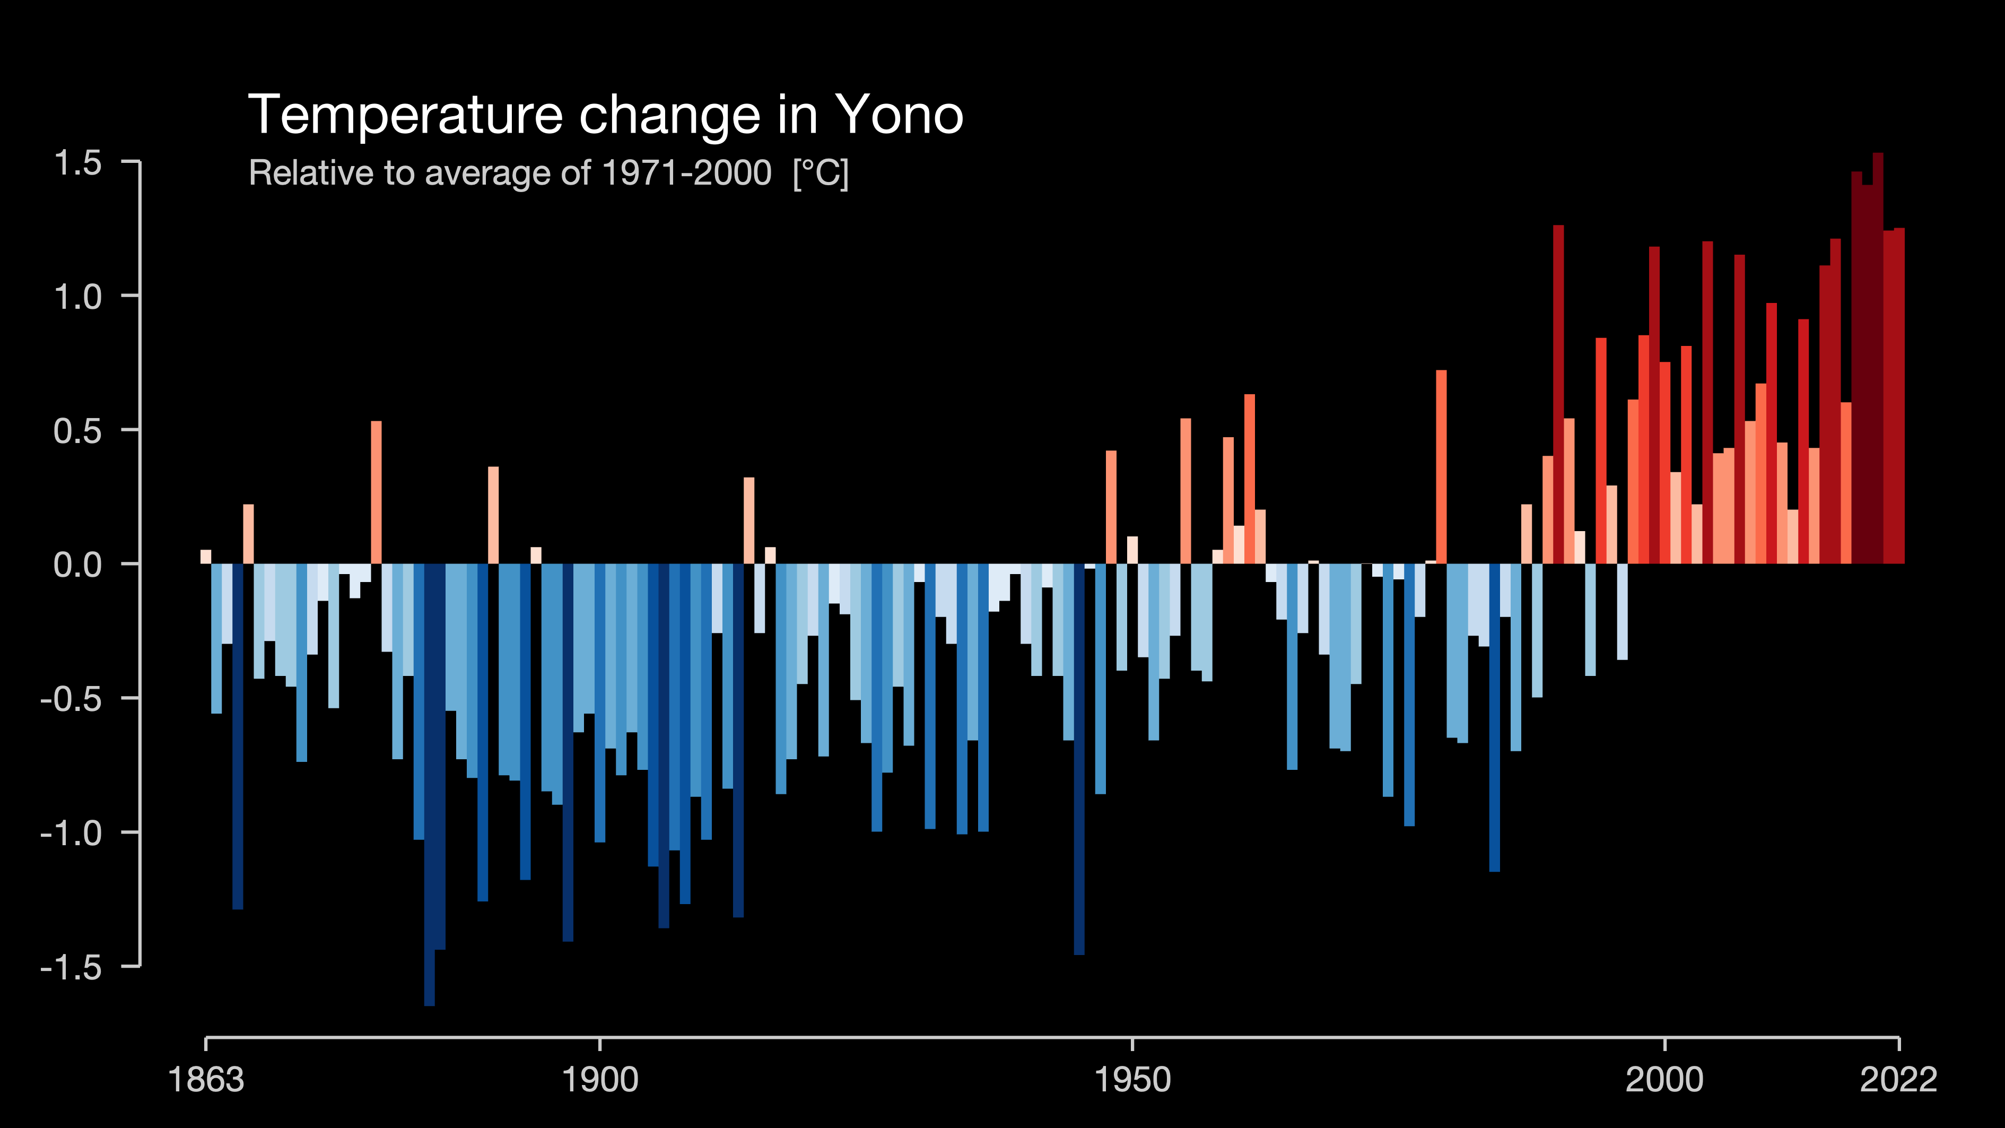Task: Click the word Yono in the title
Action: pyautogui.click(x=899, y=115)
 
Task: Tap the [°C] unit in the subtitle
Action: pyautogui.click(x=821, y=173)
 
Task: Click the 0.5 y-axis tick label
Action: pyautogui.click(x=78, y=430)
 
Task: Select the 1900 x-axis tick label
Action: pyautogui.click(x=600, y=1080)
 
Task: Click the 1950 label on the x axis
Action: pyautogui.click(x=1132, y=1080)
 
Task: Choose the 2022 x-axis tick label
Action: pyautogui.click(x=1898, y=1080)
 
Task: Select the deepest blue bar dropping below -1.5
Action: pyautogui.click(x=430, y=785)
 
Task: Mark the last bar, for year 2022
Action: pyautogui.click(x=1899, y=395)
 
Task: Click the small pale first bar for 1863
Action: pyautogui.click(x=205, y=557)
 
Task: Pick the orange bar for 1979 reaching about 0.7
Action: pyautogui.click(x=1442, y=467)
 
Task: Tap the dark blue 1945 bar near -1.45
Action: pyautogui.click(x=1079, y=759)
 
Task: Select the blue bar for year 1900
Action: pyautogui.click(x=599, y=703)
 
